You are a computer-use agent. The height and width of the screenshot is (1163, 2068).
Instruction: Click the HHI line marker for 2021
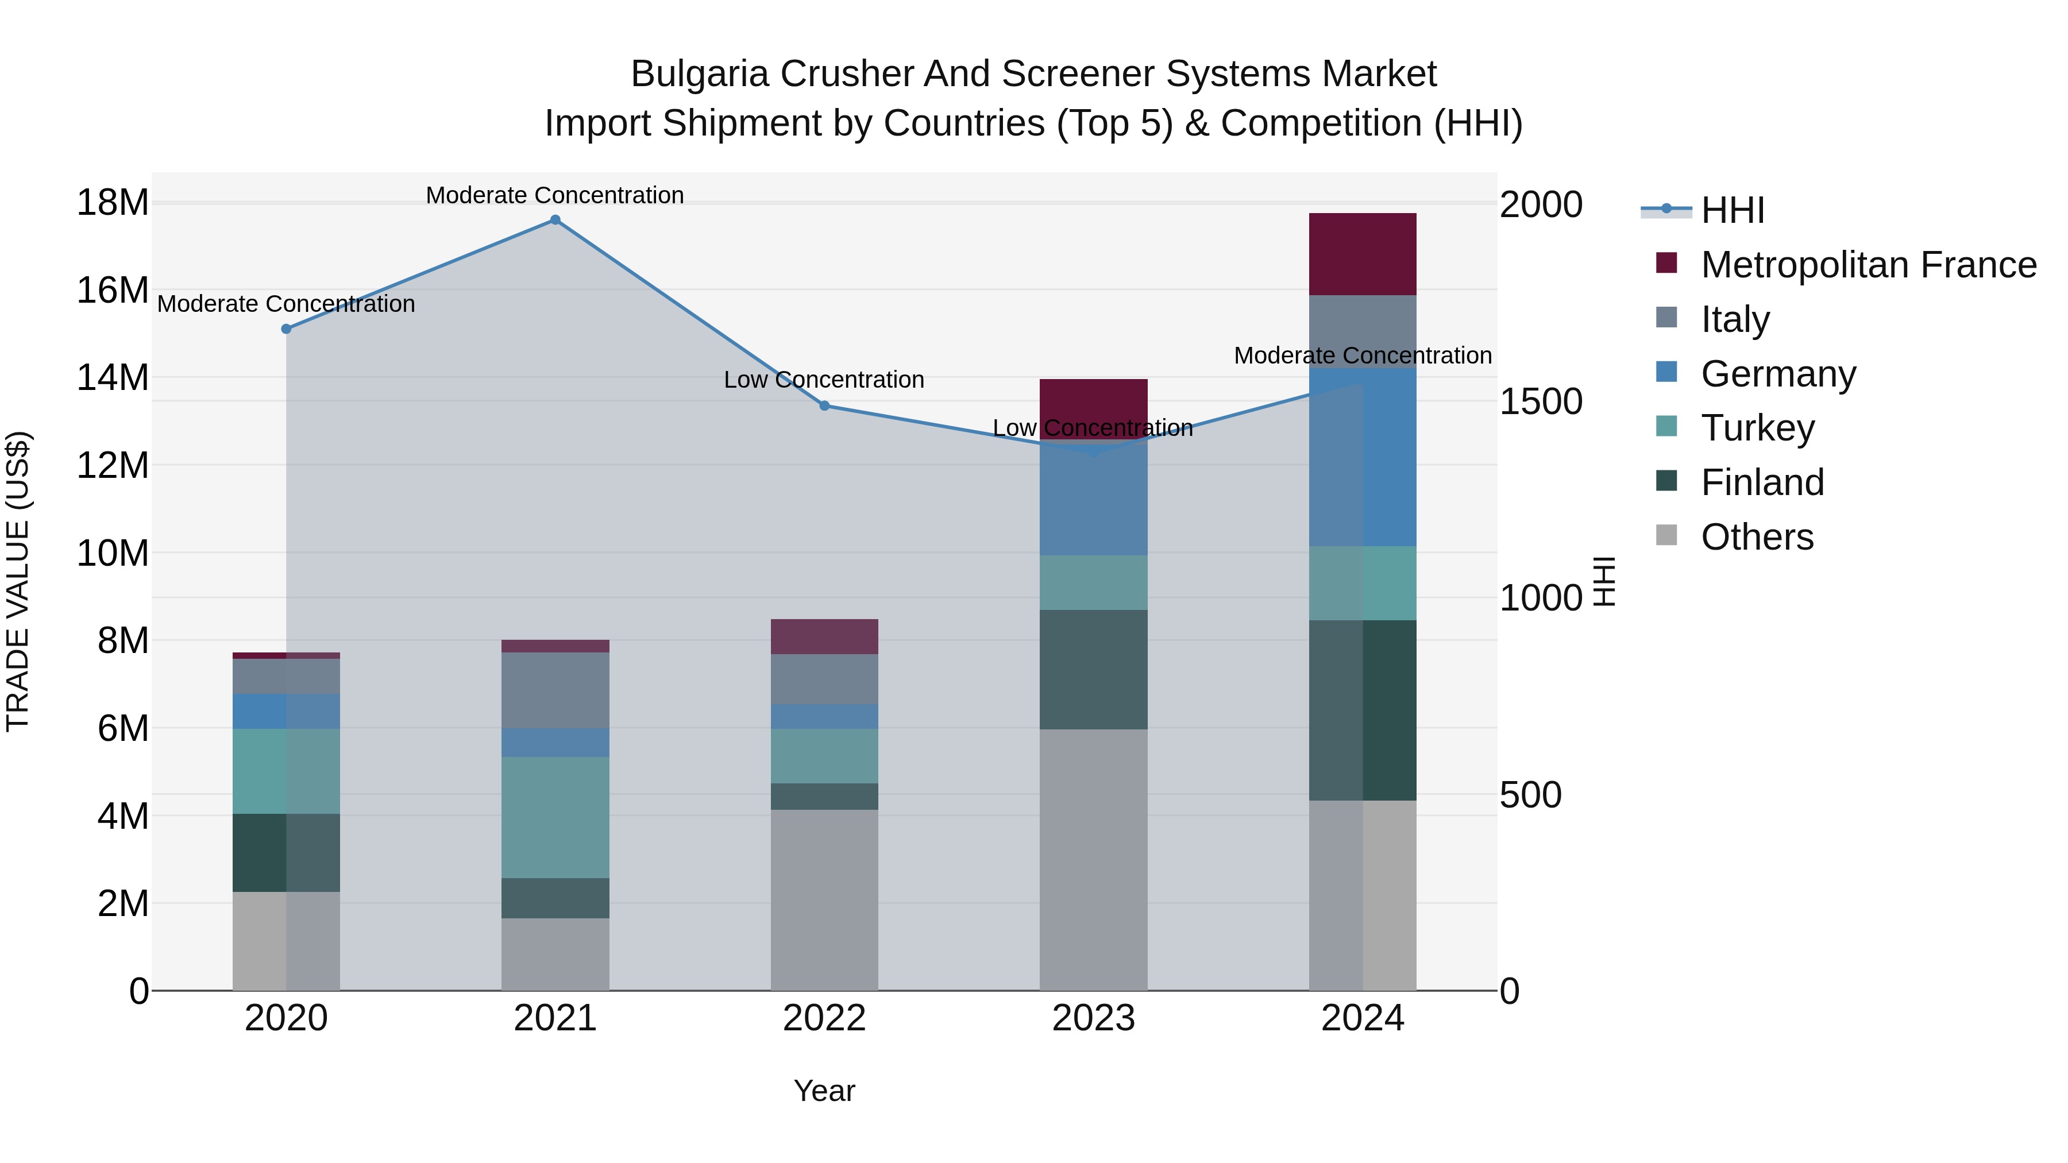(x=555, y=220)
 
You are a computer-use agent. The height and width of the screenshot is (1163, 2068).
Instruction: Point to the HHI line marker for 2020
(x=287, y=329)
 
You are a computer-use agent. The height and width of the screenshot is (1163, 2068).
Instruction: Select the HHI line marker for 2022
(x=824, y=406)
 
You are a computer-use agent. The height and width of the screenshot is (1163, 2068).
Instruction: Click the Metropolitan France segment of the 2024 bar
(x=1363, y=254)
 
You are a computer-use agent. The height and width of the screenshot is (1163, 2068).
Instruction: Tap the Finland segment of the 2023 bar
(x=1093, y=670)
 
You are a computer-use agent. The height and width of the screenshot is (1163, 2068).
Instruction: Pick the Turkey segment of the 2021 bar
(x=555, y=817)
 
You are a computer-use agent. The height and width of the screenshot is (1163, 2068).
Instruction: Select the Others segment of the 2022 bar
(x=824, y=900)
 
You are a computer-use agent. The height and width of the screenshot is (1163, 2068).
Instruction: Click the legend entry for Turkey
(x=1757, y=428)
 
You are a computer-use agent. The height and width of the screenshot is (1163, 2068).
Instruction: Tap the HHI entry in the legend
(x=1731, y=210)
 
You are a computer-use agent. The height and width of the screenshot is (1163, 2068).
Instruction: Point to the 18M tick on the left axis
(x=113, y=202)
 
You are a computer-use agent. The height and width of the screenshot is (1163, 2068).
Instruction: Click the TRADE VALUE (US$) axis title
(x=18, y=581)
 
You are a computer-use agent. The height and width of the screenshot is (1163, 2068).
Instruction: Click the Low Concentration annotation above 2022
(x=824, y=380)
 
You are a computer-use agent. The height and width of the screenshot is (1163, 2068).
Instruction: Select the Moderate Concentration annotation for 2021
(x=555, y=195)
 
